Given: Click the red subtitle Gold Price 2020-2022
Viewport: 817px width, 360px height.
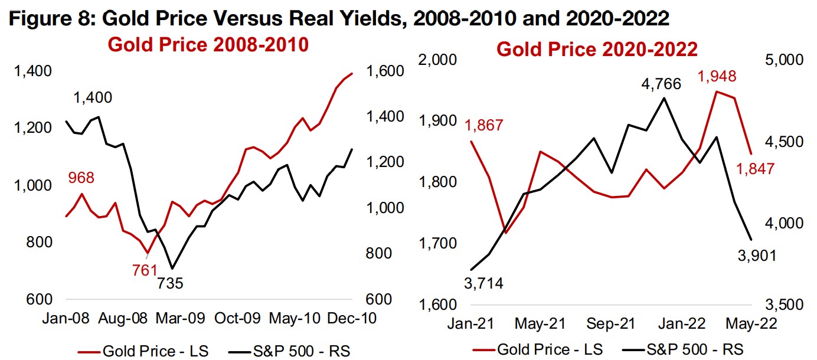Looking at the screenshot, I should pyautogui.click(x=597, y=49).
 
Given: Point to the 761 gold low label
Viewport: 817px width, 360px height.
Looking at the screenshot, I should pyautogui.click(x=145, y=270).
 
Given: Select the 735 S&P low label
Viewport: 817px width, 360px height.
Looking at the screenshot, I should pyautogui.click(x=171, y=284).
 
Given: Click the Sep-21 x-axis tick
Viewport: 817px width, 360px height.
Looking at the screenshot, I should pyautogui.click(x=610, y=324).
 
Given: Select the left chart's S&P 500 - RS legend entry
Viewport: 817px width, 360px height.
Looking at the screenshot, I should pyautogui.click(x=295, y=351).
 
